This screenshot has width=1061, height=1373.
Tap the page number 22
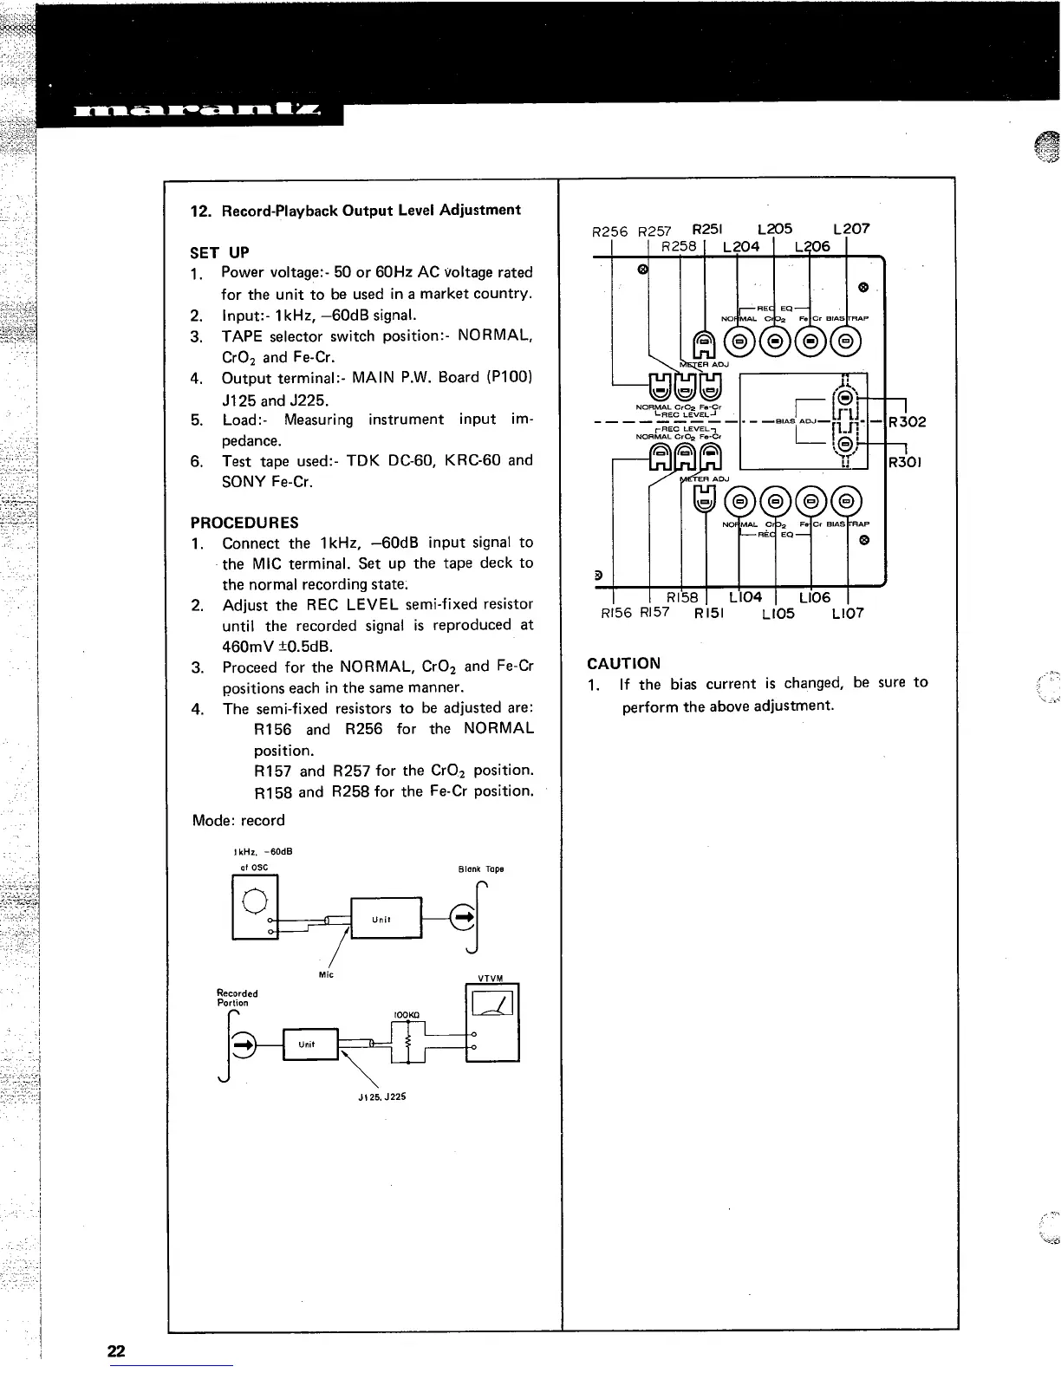point(116,1350)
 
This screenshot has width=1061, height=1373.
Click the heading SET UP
point(219,252)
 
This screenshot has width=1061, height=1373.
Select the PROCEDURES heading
point(244,523)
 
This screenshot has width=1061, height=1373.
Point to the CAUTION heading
point(623,663)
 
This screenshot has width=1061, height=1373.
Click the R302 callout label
point(908,422)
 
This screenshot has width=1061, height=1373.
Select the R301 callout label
point(908,462)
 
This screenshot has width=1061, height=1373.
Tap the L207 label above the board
point(850,229)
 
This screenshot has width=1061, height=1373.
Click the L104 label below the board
point(745,597)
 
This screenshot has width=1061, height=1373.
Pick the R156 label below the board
point(616,614)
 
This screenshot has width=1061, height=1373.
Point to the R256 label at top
point(609,231)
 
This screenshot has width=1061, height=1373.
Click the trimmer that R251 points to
point(705,344)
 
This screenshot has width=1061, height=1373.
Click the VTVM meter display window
point(491,1004)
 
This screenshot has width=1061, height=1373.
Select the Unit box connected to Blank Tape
point(385,918)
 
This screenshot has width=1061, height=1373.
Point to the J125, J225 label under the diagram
point(381,1096)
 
